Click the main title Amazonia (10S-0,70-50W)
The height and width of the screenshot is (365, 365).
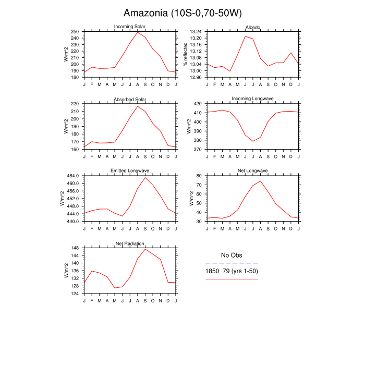point(182,13)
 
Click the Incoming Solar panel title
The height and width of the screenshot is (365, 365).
point(130,27)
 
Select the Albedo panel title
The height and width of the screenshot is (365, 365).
point(253,27)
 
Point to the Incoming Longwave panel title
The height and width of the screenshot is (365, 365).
point(253,99)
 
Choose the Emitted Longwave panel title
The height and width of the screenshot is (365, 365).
point(130,171)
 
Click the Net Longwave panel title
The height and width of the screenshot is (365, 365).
point(253,171)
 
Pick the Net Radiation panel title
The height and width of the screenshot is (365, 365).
point(130,244)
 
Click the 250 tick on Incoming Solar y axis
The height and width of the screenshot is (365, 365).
point(76,31)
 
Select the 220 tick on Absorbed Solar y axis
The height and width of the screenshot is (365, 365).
point(76,104)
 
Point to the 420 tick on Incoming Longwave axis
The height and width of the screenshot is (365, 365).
point(198,104)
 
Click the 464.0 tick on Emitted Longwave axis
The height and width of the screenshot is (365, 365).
point(73,176)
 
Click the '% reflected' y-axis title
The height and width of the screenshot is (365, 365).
point(185,54)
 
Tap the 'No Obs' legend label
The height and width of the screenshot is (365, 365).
point(232,255)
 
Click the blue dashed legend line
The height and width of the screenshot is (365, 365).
point(232,263)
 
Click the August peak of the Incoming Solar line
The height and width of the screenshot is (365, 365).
point(138,32)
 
